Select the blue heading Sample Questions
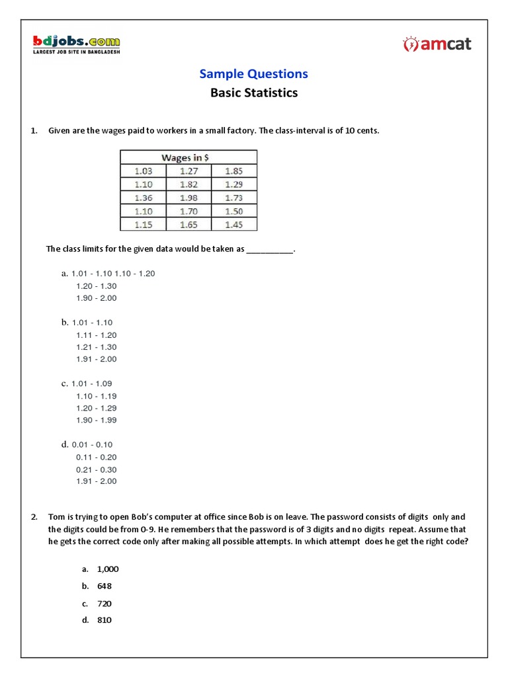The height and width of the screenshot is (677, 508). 254,73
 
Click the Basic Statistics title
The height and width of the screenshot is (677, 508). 254,93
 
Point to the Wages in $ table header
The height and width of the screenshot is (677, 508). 189,157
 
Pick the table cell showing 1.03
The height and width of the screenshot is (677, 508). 144,171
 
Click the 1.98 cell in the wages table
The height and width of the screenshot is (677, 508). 189,198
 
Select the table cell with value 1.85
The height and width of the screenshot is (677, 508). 233,171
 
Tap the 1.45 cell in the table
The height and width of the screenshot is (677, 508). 233,225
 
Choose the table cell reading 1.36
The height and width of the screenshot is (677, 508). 144,198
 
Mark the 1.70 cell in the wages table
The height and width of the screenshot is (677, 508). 189,212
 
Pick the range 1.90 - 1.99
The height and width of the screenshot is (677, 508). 97,420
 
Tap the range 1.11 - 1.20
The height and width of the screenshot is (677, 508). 97,335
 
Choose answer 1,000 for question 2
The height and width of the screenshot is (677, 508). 108,569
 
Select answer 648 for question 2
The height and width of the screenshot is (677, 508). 105,586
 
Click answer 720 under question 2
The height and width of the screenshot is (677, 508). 105,604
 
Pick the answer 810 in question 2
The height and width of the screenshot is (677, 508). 105,620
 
